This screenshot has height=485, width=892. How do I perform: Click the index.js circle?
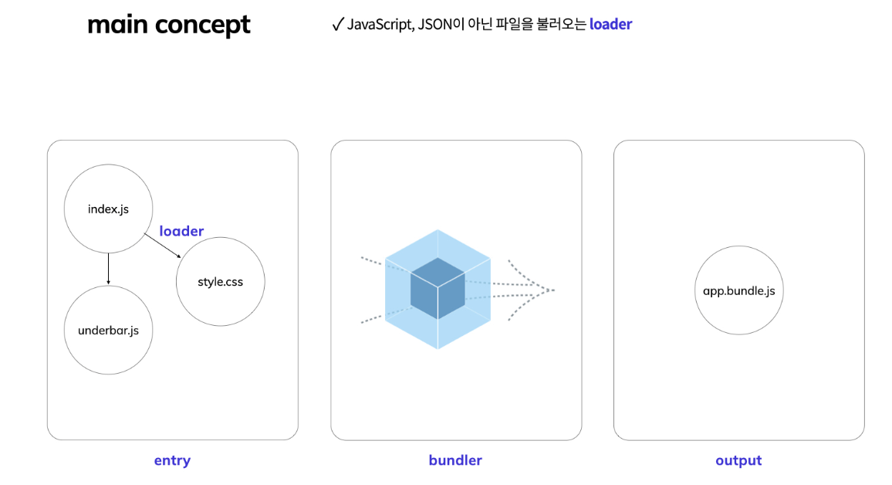click(x=108, y=209)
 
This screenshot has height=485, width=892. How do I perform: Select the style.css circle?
click(x=221, y=282)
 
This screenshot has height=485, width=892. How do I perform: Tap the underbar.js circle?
click(x=108, y=331)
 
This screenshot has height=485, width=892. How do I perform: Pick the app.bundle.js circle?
click(x=739, y=290)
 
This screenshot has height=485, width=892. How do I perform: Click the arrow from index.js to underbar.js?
click(x=108, y=269)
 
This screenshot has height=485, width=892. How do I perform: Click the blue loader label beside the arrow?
click(x=181, y=231)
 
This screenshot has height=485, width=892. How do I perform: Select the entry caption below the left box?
click(x=172, y=460)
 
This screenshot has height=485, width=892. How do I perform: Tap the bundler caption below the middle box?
click(x=455, y=460)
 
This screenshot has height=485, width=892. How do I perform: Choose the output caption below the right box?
click(x=738, y=460)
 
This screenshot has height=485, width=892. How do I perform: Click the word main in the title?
click(x=118, y=25)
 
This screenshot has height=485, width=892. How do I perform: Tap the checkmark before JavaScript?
click(x=337, y=24)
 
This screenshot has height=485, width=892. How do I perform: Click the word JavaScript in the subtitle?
click(x=380, y=25)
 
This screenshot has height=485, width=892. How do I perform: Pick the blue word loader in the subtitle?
click(x=610, y=24)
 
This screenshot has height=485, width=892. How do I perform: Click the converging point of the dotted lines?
click(x=553, y=290)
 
